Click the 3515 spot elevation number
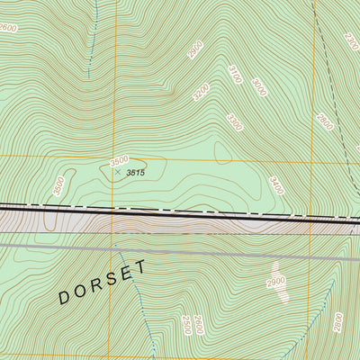136,172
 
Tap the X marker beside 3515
118,171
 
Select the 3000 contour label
259,87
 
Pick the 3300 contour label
235,121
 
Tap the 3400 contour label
276,186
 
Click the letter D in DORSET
65,297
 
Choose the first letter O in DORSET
80,292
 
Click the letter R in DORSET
96,285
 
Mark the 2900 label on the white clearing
275,283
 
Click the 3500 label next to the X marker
119,161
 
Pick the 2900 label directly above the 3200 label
195,50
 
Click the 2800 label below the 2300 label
325,121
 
